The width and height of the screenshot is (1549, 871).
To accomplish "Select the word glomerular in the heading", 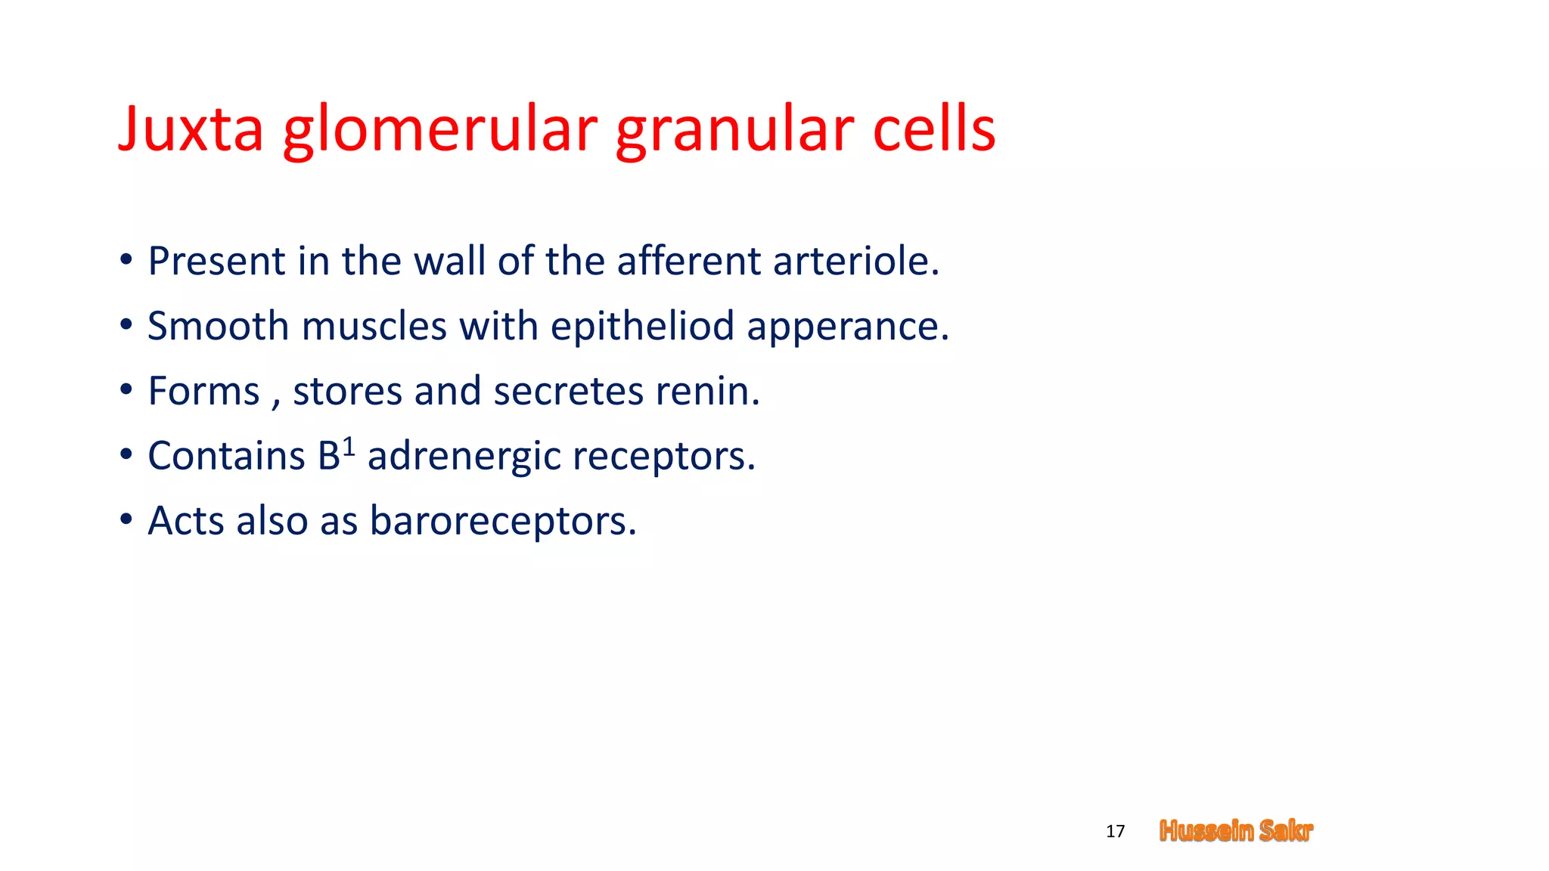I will coord(440,130).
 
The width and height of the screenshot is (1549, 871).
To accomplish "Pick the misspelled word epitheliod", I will coord(642,327).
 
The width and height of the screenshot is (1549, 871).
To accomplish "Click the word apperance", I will coord(847,328).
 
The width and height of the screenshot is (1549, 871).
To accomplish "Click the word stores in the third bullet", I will coord(347,392).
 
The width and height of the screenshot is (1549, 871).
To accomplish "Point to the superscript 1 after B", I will coord(349,447).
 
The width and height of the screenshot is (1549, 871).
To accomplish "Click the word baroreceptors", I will coord(502,522).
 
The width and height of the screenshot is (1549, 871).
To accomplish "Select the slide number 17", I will coord(1115,832).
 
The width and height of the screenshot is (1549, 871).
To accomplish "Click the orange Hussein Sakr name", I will coord(1236,831).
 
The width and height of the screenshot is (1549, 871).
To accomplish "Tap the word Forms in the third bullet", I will coord(203,391).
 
